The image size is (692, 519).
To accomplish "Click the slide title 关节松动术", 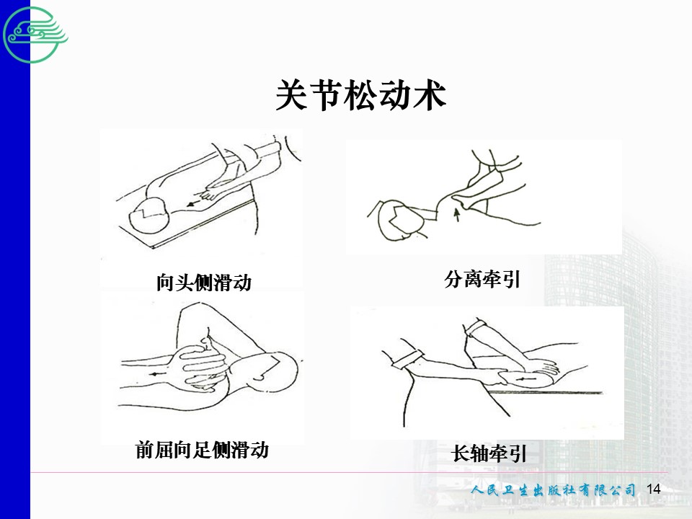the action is [x=360, y=95].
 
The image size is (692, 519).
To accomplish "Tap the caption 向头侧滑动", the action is [x=204, y=283].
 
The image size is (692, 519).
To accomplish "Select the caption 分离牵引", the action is [x=482, y=280].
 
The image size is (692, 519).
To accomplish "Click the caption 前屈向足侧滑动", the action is [x=202, y=450].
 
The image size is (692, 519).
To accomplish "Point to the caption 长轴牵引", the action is [x=489, y=453].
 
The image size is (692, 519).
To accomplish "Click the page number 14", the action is [x=653, y=489].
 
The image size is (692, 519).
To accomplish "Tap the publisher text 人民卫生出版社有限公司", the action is [x=553, y=490].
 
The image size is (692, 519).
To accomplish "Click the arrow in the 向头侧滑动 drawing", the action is [x=192, y=204].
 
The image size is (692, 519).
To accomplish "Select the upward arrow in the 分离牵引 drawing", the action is [x=458, y=216].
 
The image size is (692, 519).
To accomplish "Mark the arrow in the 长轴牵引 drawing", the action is [x=525, y=379].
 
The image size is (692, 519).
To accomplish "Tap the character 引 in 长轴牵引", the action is [x=518, y=453].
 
